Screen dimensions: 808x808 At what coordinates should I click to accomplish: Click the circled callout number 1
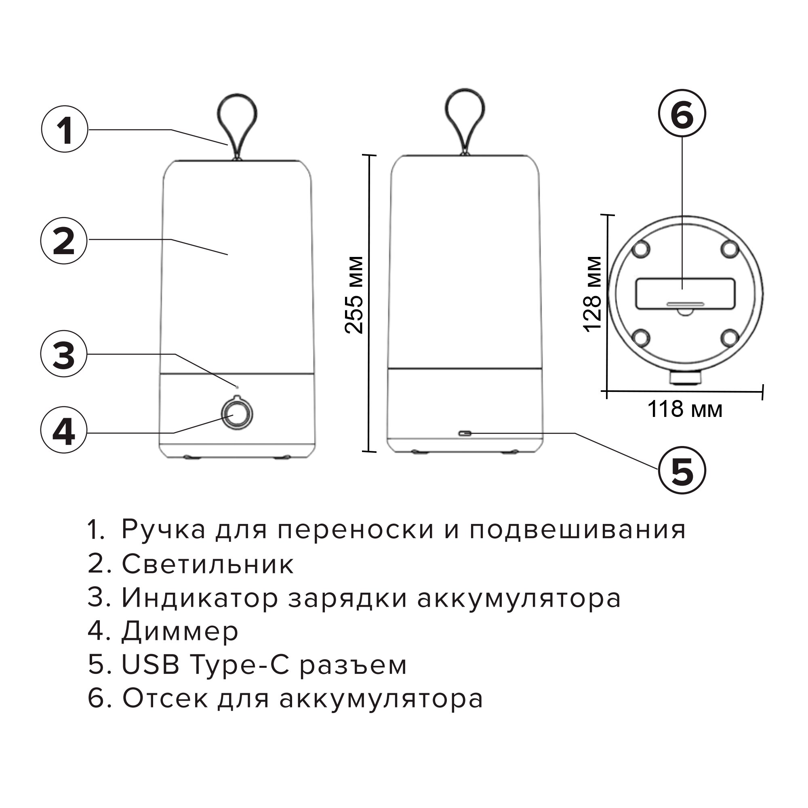pos(65,130)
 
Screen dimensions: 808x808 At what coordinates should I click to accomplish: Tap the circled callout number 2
pos(64,241)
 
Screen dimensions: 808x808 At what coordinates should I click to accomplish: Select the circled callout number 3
pos(64,355)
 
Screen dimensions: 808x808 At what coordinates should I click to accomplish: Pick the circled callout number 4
pos(64,431)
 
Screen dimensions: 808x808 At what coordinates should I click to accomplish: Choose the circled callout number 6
pos(682,114)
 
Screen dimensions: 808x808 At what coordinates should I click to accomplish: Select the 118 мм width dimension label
pos(684,409)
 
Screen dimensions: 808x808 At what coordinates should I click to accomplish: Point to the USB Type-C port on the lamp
pos(464,433)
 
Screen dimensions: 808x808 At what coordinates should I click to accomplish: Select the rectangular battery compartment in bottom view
pos(685,293)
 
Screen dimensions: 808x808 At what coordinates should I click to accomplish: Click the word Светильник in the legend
pos(208,565)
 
